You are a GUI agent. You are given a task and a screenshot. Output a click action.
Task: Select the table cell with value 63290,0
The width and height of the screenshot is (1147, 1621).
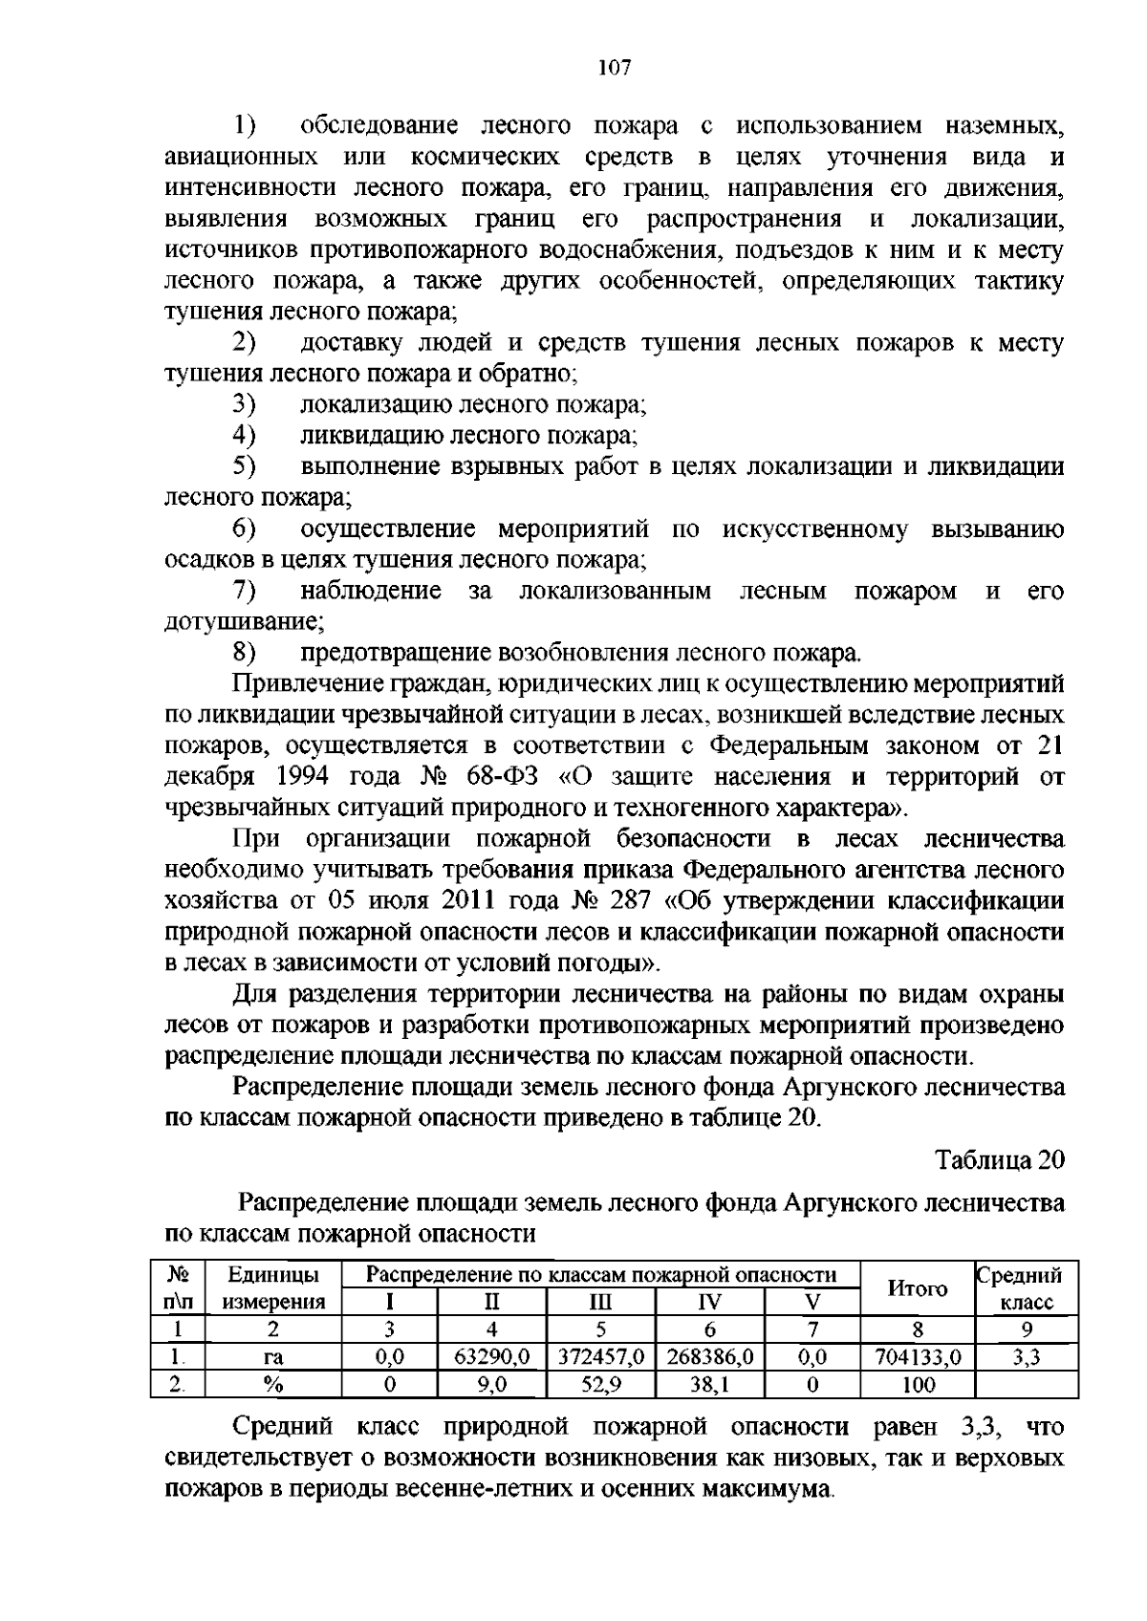[491, 1357]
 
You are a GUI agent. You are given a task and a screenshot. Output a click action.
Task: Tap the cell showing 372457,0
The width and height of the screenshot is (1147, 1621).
[601, 1357]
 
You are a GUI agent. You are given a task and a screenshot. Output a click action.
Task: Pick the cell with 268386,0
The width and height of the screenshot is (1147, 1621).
[710, 1357]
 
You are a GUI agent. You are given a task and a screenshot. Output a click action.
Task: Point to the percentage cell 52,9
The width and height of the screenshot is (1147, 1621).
[601, 1384]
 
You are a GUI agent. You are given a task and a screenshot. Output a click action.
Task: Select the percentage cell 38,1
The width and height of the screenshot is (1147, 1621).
[710, 1384]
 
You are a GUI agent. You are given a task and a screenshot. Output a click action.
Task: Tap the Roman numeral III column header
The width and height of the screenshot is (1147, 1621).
[601, 1302]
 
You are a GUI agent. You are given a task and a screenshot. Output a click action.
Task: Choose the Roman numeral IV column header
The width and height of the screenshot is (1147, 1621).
[710, 1302]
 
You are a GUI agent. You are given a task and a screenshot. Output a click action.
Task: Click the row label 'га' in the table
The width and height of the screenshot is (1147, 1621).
[273, 1357]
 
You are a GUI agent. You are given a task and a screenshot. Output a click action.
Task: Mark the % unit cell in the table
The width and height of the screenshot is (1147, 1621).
[273, 1384]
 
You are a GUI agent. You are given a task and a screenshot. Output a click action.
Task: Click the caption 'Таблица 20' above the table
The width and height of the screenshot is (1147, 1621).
[1000, 1160]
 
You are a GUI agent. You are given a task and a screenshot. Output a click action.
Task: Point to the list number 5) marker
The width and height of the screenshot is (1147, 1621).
[245, 466]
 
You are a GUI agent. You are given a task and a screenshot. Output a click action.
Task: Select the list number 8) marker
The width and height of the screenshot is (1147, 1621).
[245, 654]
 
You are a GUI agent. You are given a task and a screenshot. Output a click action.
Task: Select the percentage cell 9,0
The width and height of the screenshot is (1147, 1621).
[491, 1384]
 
